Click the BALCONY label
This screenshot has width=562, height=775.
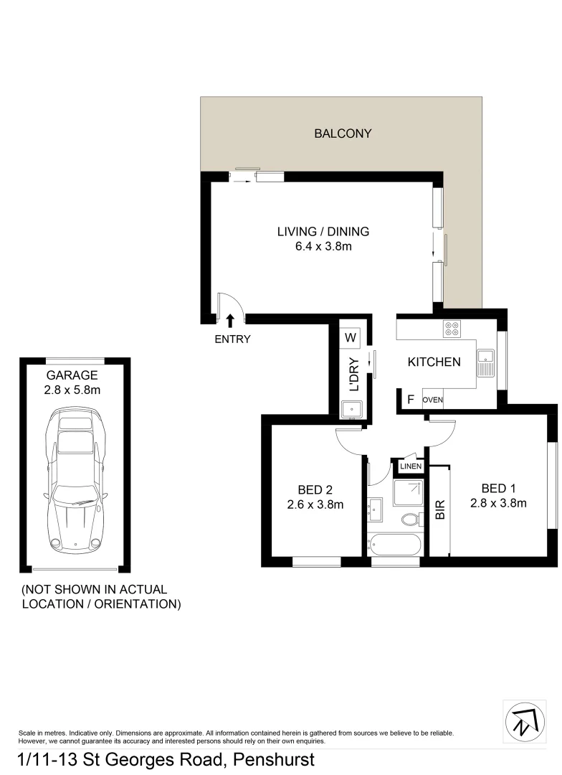pos(343,133)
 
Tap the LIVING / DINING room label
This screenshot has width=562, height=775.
pos(323,231)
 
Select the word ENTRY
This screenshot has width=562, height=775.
pos(232,339)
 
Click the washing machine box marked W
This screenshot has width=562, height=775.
pos(351,337)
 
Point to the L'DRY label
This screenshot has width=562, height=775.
pos(353,374)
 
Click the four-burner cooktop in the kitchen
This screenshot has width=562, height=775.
pos(452,329)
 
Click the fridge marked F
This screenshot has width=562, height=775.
pos(411,400)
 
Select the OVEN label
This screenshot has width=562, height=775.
pos(432,400)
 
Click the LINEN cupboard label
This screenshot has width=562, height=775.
pos(411,466)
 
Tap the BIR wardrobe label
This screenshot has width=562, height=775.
pos(440,509)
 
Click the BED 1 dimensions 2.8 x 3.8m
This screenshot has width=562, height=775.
pos(498,503)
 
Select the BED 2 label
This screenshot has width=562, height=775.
pos(315,490)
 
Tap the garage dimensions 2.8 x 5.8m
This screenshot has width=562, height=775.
pos(72,390)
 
